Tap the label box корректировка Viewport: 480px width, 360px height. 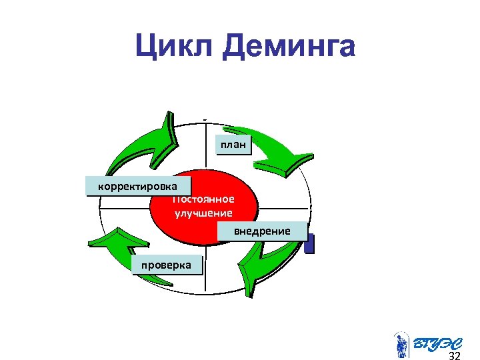click(x=138, y=185)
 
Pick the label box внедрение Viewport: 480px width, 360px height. click(x=262, y=231)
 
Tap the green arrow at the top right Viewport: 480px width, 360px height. click(x=273, y=150)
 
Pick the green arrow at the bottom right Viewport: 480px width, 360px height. click(x=267, y=263)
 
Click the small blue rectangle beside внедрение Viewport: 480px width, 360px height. click(x=309, y=244)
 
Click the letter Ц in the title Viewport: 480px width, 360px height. click(x=147, y=47)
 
